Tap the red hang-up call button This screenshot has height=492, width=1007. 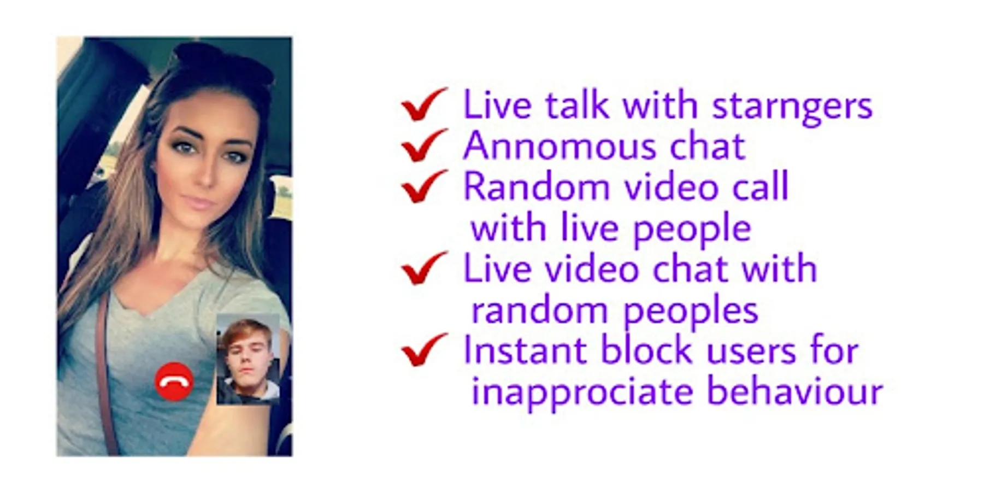click(174, 382)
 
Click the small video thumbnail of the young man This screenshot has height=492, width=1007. click(248, 360)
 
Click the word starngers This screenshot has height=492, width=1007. click(792, 107)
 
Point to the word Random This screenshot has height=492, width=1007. click(537, 186)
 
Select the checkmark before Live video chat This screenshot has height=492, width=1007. click(424, 268)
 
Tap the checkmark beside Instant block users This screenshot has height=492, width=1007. click(424, 350)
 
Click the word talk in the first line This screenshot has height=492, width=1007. click(577, 104)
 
